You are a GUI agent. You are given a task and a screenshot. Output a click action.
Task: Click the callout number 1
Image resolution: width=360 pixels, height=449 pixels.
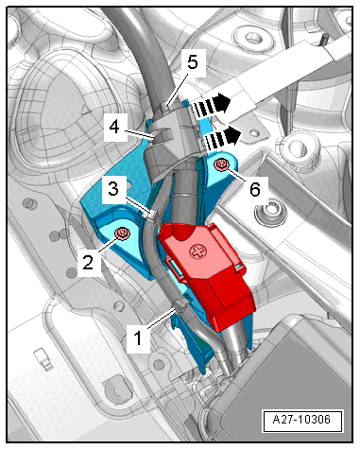(x=138, y=339)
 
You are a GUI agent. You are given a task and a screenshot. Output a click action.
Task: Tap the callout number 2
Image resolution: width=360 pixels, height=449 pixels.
(x=89, y=261)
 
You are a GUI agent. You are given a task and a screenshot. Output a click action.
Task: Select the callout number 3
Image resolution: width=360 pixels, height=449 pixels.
(x=113, y=188)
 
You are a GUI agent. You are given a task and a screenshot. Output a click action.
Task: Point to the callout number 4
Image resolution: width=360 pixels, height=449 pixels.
(x=114, y=128)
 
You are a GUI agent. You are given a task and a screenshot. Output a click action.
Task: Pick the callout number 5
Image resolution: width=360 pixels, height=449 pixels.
(x=193, y=62)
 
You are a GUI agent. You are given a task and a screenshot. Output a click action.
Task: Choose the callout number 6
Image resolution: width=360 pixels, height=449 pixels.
(x=255, y=189)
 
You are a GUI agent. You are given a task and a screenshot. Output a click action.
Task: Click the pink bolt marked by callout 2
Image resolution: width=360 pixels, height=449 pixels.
(x=122, y=233)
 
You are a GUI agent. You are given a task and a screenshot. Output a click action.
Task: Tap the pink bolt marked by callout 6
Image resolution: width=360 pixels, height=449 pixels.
(x=221, y=164)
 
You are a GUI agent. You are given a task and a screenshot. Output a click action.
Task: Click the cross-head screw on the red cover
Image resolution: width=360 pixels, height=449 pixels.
(x=197, y=252)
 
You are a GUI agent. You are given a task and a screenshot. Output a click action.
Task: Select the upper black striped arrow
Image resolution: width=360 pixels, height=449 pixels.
(x=211, y=105)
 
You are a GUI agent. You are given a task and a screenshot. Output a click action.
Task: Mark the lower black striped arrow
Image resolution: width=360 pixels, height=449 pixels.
(x=221, y=139)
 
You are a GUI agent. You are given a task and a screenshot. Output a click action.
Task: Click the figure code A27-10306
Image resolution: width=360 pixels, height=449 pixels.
(x=301, y=420)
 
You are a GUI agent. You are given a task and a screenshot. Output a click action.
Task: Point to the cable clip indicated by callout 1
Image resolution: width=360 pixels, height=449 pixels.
(x=180, y=305)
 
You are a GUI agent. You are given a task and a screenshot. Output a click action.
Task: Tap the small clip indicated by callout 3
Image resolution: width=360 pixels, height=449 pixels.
(x=150, y=216)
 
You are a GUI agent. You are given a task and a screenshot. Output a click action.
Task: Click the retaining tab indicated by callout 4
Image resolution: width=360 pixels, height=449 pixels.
(x=162, y=136)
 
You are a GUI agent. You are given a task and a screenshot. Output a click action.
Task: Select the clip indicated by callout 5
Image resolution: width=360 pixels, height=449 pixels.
(x=165, y=106)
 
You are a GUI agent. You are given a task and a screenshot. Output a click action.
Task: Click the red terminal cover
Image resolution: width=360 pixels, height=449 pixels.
(x=206, y=274)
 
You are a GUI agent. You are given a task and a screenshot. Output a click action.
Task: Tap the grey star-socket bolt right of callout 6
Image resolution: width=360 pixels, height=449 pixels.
(x=270, y=213)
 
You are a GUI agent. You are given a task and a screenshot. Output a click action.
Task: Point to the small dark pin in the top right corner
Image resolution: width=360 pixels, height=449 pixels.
(x=323, y=40)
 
